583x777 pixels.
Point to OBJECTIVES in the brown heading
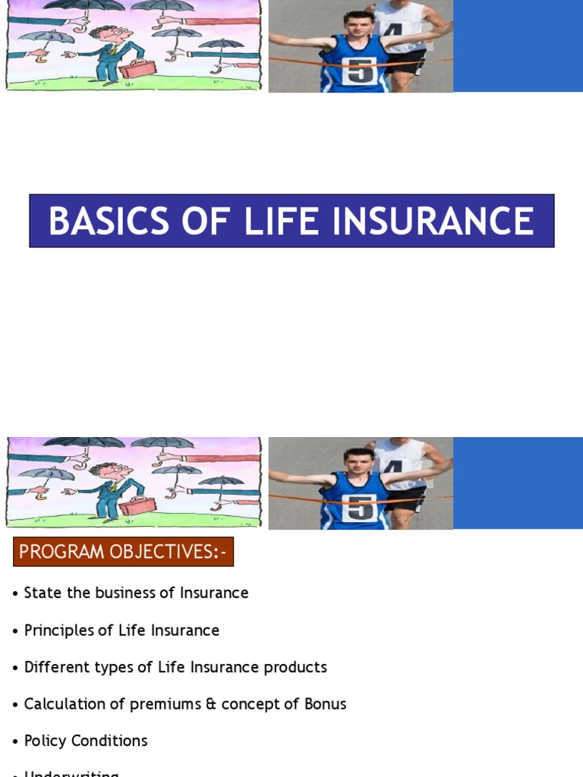point(170,552)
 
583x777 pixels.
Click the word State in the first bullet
point(40,593)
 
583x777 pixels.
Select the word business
point(114,593)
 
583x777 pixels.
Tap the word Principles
point(58,631)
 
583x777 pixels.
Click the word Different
point(58,667)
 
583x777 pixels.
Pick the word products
point(295,667)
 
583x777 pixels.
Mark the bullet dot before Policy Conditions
point(15,741)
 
